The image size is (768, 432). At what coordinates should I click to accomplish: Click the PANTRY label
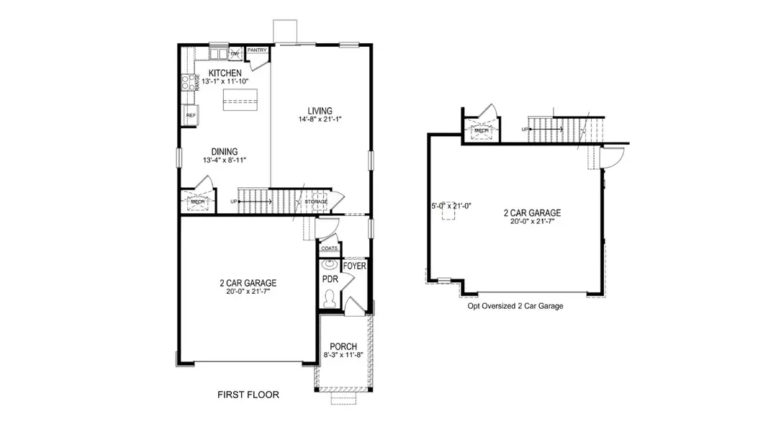coord(257,50)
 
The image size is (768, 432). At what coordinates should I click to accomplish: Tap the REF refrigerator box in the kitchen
coord(191,115)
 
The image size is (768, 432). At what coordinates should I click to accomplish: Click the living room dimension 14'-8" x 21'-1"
coord(320,120)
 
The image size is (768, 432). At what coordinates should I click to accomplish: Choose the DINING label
coord(225,151)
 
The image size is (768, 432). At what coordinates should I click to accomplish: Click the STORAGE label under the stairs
coord(315,201)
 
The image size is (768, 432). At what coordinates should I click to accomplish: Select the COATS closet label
coord(330,248)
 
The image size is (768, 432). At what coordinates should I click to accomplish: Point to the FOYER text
coord(355,266)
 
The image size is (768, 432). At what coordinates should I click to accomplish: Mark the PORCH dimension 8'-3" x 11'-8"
coord(342,355)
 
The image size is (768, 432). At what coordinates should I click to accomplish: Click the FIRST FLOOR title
coord(248,395)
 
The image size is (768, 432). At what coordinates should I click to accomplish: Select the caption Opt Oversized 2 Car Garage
coord(515,306)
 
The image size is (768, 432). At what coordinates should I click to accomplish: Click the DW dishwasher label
coord(234,55)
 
